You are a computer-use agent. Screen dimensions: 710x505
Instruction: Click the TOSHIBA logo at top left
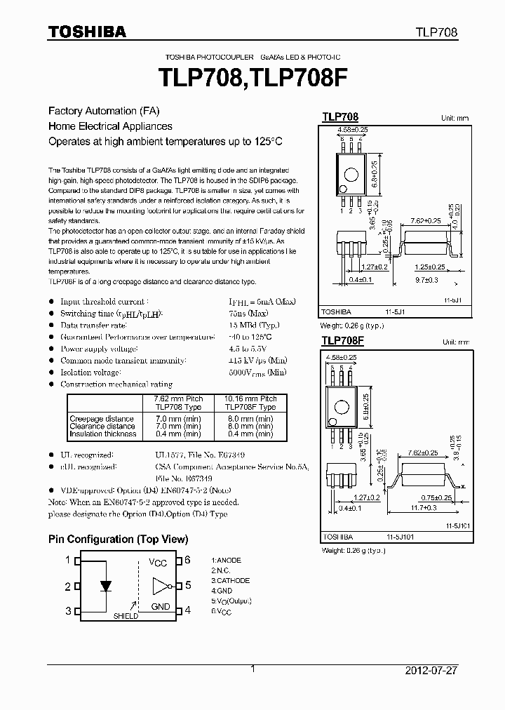[x=86, y=32]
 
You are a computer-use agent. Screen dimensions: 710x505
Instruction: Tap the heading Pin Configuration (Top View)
[x=118, y=540]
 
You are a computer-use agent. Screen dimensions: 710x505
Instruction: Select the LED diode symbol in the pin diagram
[x=106, y=586]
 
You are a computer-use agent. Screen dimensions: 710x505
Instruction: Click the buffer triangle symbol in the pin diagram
[x=160, y=585]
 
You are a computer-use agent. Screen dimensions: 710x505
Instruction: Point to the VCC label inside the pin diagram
[x=158, y=563]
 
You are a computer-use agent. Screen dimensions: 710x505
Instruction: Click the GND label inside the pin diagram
[x=160, y=606]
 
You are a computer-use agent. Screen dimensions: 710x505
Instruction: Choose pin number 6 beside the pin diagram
[x=187, y=560]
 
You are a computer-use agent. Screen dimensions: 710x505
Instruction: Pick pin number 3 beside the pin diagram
[x=68, y=611]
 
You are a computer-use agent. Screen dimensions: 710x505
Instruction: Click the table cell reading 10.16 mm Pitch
[x=250, y=398]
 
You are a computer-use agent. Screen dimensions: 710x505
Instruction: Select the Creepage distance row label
[x=102, y=418]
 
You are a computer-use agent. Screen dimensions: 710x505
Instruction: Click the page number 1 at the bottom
[x=252, y=669]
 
